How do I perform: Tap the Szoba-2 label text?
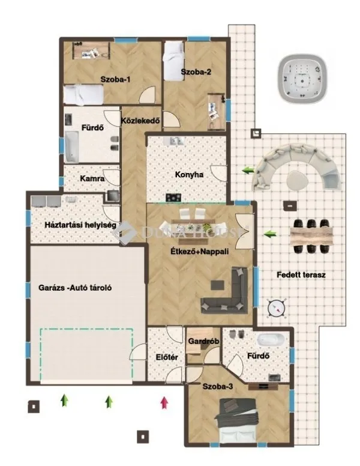tap(196, 73)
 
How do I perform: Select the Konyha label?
tap(189, 175)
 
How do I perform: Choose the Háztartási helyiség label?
tap(71, 225)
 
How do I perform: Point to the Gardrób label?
tap(202, 341)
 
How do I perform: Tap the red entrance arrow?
tap(163, 402)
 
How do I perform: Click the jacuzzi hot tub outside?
tap(304, 79)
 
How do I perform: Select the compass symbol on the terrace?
tap(276, 306)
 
